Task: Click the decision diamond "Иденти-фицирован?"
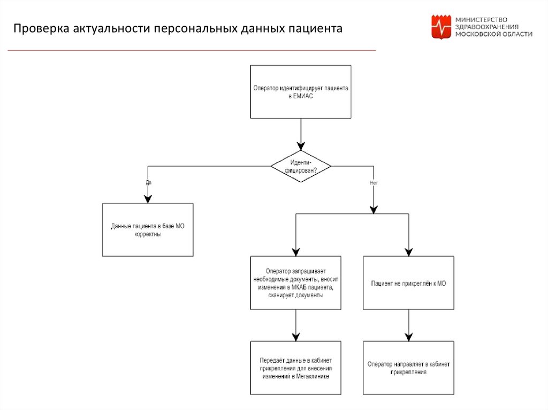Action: click(x=301, y=166)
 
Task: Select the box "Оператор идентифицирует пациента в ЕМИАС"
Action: click(x=301, y=91)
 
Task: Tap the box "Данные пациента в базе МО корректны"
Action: click(x=148, y=230)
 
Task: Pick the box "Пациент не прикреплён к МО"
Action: click(x=408, y=283)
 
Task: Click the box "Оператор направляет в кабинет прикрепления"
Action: click(x=408, y=368)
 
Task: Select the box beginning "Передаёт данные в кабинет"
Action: click(x=295, y=368)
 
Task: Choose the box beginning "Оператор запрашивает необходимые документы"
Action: click(x=295, y=283)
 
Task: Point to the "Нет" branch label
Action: click(x=374, y=183)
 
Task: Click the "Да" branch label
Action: click(x=149, y=182)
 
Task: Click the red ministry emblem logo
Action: click(x=442, y=27)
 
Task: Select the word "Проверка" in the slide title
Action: click(x=41, y=28)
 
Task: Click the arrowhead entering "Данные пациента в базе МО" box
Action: click(x=148, y=199)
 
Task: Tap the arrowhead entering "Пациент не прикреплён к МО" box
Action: click(x=408, y=252)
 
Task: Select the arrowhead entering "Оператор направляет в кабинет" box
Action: click(x=408, y=337)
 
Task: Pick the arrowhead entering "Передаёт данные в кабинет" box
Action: click(x=295, y=337)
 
